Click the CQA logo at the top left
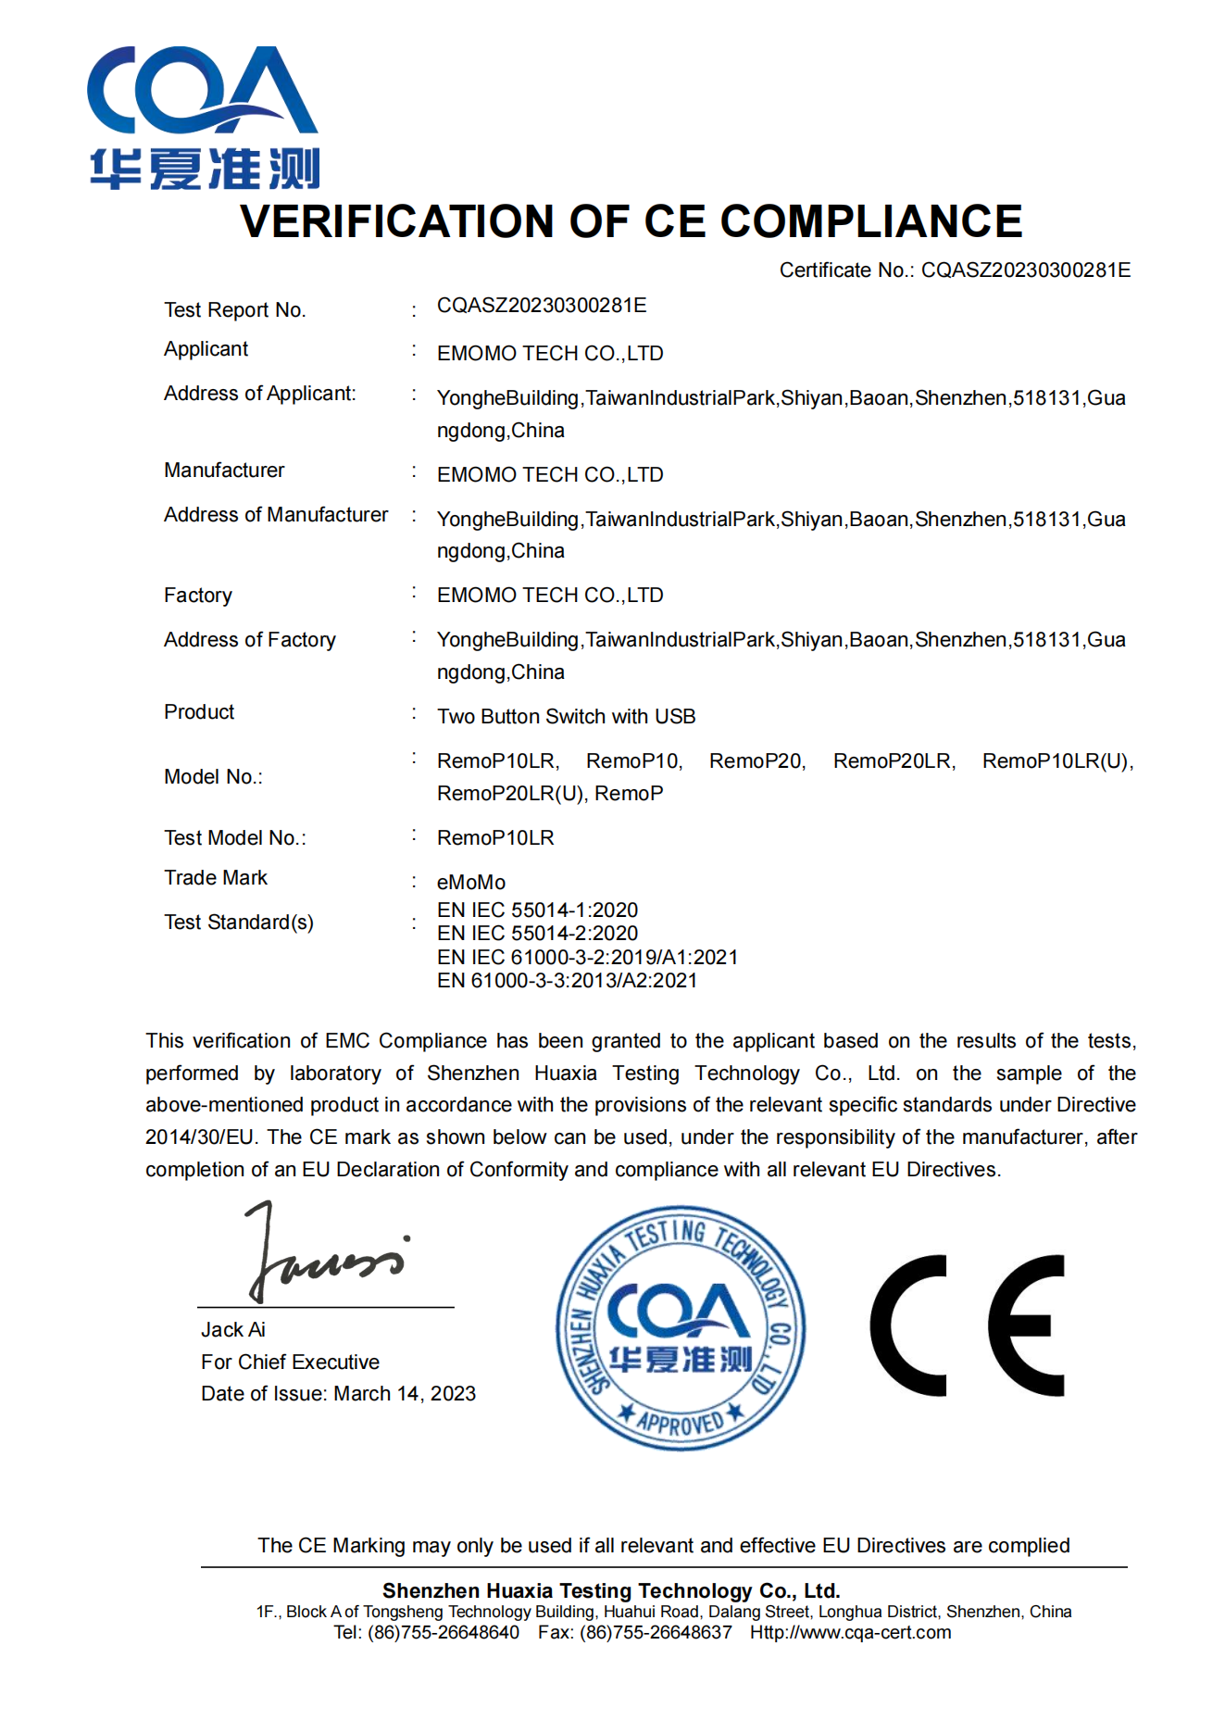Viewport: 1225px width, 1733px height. click(204, 118)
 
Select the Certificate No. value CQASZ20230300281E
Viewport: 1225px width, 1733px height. click(1026, 270)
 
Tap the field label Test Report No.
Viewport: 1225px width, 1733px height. click(234, 310)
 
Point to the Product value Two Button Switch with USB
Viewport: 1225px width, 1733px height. click(566, 717)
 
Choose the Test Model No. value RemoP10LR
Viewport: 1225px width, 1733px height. click(495, 838)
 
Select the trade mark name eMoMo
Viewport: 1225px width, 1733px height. click(471, 883)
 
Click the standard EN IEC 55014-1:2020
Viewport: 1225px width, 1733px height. click(537, 910)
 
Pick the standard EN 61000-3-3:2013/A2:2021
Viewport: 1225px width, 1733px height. click(567, 981)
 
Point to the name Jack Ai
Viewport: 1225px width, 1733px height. click(233, 1330)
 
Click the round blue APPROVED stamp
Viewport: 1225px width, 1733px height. click(681, 1328)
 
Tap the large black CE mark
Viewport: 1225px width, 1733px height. click(967, 1325)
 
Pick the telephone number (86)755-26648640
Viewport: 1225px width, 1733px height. click(444, 1633)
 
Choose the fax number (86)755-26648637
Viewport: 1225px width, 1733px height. click(656, 1633)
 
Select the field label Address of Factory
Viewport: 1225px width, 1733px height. click(250, 640)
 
